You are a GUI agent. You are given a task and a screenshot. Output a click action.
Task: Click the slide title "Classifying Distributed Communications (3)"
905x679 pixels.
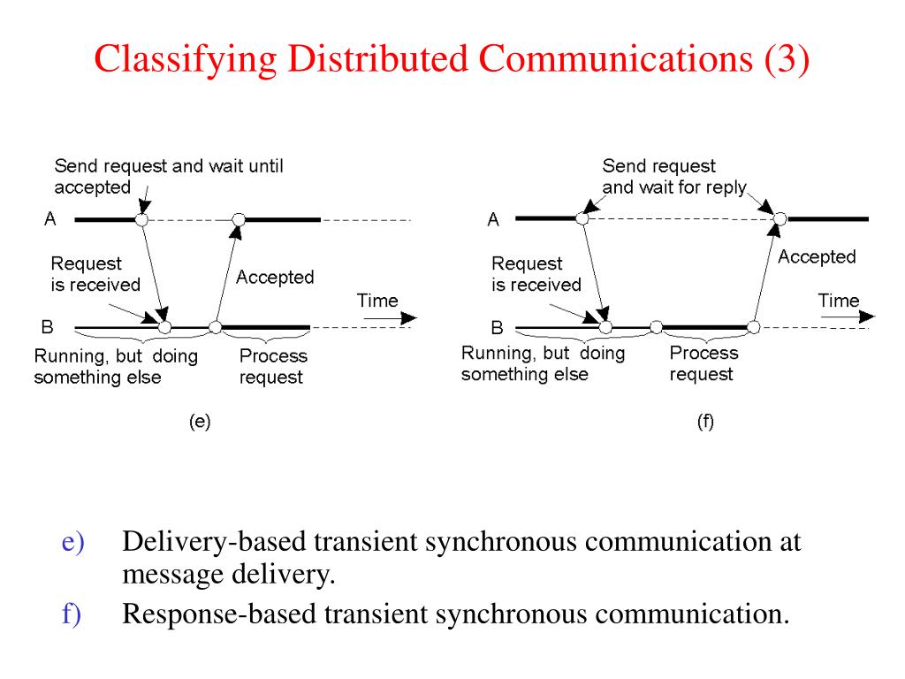point(452,60)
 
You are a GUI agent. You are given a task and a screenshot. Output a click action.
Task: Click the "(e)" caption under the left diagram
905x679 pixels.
point(200,422)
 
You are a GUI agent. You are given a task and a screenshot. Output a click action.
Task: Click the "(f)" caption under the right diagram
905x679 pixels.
point(704,422)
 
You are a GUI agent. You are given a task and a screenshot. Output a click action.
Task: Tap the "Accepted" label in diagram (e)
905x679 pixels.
point(275,277)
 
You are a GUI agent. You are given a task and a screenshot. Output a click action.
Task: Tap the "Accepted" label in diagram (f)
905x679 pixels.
point(817,256)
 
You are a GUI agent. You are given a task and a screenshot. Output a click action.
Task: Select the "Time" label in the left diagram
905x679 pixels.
point(377,301)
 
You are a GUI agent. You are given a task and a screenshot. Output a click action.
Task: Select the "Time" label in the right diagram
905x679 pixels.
point(839,301)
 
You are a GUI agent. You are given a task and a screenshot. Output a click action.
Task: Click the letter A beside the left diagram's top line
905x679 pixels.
point(50,219)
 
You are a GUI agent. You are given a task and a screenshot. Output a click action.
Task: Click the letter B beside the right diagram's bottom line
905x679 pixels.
point(497,328)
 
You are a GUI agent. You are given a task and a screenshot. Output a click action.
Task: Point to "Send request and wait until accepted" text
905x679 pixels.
point(168,176)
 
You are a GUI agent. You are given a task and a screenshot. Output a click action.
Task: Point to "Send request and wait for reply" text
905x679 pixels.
point(673,176)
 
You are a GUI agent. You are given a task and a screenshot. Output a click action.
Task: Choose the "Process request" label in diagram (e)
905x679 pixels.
point(274,366)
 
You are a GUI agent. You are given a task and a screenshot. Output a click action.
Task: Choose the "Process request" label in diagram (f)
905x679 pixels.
point(703,362)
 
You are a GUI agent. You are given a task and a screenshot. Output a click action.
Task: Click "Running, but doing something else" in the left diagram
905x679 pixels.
point(116,366)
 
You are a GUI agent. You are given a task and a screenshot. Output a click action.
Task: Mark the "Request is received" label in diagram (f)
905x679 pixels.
point(536,274)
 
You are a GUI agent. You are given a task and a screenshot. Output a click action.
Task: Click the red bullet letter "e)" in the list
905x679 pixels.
point(72,542)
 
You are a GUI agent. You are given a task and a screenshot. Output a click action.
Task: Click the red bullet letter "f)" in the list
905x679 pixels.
point(72,613)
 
